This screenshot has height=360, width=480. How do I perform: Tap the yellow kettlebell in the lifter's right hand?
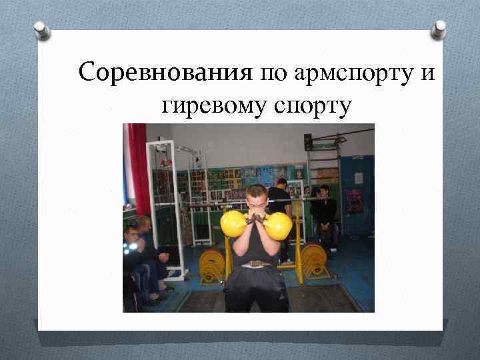[234, 224]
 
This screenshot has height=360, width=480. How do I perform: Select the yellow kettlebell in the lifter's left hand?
[278, 225]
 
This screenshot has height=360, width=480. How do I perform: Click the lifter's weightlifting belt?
[256, 264]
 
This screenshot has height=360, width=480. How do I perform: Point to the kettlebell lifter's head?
[256, 198]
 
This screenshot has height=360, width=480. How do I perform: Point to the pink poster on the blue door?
[353, 200]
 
